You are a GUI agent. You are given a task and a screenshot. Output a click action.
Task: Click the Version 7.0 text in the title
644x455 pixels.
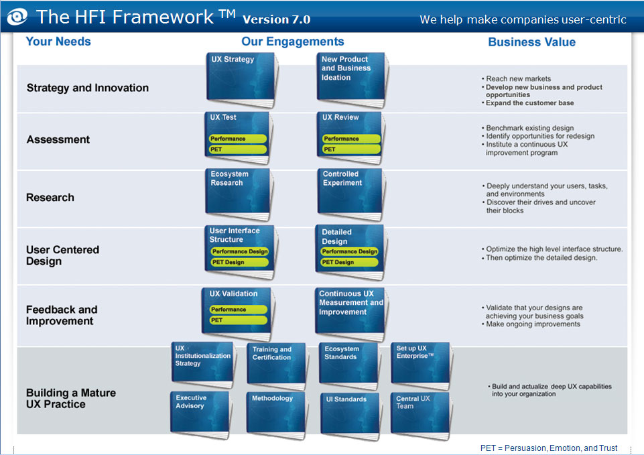pyautogui.click(x=276, y=19)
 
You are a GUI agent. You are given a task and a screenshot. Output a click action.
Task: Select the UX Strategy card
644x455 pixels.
pyautogui.click(x=239, y=78)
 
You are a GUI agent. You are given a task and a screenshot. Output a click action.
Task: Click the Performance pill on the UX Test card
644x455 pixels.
pyautogui.click(x=238, y=139)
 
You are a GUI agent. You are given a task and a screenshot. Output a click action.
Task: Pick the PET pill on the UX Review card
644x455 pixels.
pyautogui.click(x=351, y=149)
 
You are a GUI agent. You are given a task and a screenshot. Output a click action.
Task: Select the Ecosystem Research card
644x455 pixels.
pyautogui.click(x=238, y=194)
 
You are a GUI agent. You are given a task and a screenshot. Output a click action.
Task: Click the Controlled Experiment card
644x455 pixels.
pyautogui.click(x=351, y=194)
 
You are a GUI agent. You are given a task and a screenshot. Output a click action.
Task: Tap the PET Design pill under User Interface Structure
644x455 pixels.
pyautogui.click(x=239, y=263)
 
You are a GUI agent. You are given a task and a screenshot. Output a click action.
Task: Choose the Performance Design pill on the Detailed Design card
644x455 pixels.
pyautogui.click(x=349, y=251)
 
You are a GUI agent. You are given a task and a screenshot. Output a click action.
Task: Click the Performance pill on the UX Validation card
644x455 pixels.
pyautogui.click(x=238, y=310)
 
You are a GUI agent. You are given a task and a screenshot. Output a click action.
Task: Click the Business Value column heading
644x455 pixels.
pyautogui.click(x=531, y=42)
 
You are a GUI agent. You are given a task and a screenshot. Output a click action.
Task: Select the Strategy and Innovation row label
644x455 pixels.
pyautogui.click(x=87, y=88)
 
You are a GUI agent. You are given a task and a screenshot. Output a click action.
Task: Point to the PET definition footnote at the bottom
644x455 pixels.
pyautogui.click(x=549, y=448)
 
